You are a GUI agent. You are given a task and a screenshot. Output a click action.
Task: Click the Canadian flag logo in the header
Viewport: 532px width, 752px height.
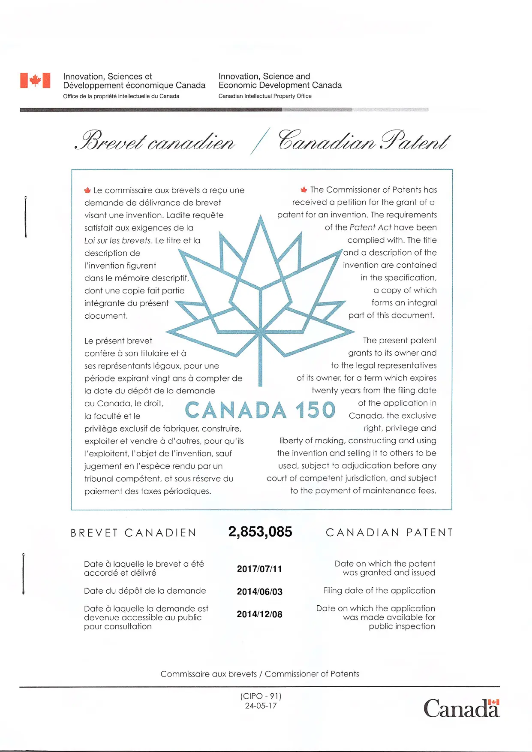click(35, 80)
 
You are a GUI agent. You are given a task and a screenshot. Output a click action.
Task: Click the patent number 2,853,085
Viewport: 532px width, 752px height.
click(260, 532)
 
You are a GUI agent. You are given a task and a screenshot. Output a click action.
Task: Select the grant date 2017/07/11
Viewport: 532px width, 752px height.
click(259, 569)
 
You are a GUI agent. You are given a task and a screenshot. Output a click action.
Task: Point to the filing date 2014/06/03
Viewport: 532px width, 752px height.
click(259, 592)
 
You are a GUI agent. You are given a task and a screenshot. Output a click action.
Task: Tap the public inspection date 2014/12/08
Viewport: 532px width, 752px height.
click(259, 614)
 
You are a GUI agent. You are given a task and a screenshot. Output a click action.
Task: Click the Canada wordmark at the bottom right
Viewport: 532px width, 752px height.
click(461, 709)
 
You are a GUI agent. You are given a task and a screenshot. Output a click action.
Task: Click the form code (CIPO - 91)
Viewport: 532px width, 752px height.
click(261, 696)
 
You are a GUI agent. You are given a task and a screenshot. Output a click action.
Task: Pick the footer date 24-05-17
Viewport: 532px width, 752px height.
click(261, 706)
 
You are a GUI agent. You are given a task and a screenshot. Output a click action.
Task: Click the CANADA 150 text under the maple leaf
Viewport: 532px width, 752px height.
click(260, 410)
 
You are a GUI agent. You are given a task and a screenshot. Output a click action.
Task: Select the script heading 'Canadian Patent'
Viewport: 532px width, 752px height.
click(364, 141)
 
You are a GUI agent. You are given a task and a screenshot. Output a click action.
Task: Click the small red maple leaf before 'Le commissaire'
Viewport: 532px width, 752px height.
click(87, 190)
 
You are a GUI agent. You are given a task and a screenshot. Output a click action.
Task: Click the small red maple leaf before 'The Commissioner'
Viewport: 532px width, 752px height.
click(304, 190)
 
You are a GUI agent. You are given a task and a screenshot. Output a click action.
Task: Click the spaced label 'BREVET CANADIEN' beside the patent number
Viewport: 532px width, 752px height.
click(133, 533)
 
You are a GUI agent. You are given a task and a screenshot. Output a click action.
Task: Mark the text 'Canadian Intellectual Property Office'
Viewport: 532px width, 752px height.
click(265, 96)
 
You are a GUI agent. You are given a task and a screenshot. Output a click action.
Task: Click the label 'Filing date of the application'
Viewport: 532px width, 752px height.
click(379, 591)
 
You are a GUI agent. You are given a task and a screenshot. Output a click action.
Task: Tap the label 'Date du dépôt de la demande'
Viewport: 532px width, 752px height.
click(145, 591)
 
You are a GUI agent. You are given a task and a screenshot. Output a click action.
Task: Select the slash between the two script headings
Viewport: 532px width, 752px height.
click(260, 141)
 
